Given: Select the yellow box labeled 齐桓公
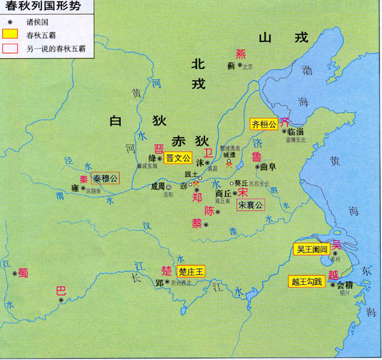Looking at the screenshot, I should pos(264,124).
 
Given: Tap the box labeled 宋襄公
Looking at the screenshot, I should pos(250,205).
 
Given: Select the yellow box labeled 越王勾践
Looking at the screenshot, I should pos(307,281).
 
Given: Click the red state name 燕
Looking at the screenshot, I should pos(240,54).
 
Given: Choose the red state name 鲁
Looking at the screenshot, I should pos(256,156).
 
